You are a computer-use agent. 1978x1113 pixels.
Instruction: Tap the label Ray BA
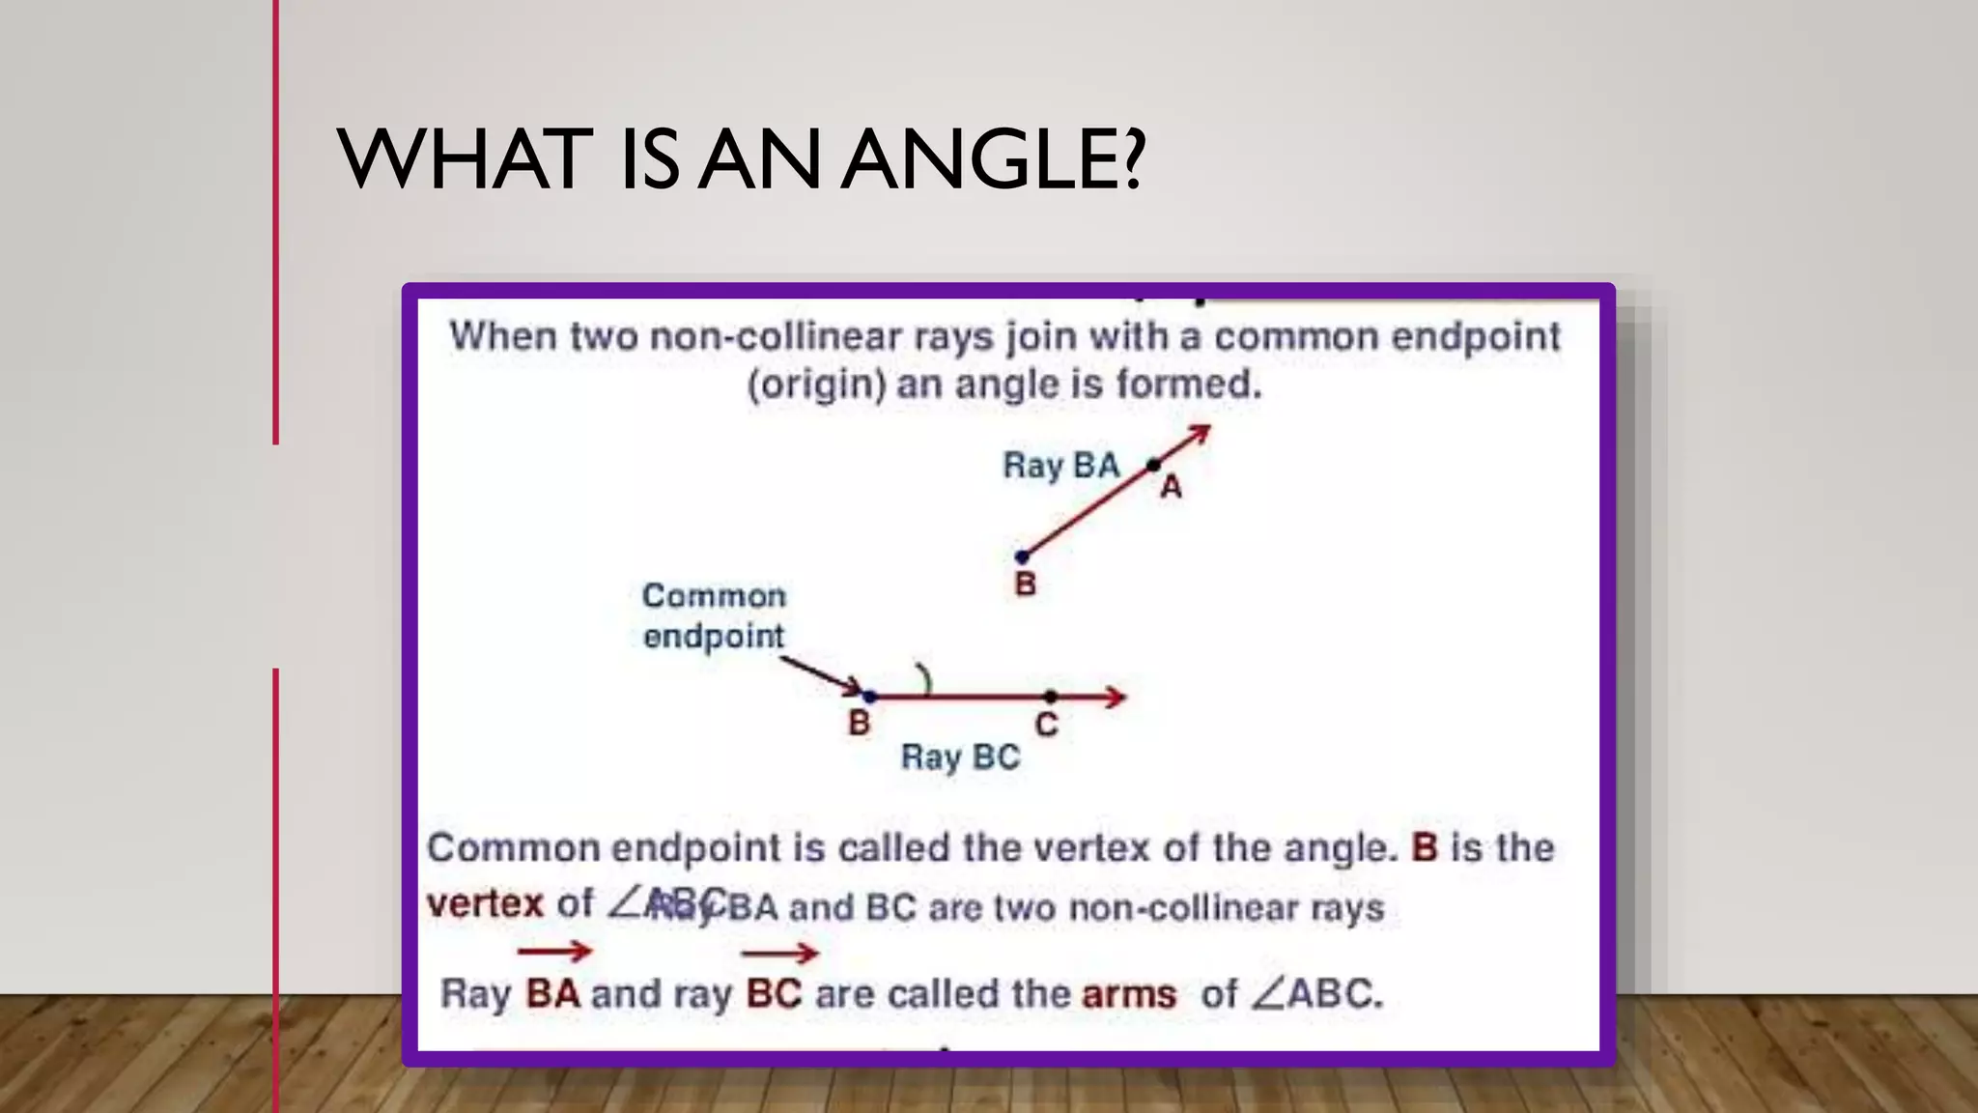[1060, 466]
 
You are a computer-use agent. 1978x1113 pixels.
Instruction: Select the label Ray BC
[960, 756]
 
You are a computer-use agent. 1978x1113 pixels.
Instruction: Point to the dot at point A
[1153, 466]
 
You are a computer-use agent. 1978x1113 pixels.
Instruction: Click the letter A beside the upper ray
[1171, 488]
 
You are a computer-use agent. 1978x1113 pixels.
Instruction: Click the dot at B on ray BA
[1022, 557]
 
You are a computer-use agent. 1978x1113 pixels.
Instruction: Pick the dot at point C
[1050, 696]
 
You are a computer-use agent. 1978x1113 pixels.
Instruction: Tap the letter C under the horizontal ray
[1046, 725]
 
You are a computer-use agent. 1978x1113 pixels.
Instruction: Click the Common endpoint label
[714, 615]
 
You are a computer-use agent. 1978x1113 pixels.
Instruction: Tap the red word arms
[1129, 994]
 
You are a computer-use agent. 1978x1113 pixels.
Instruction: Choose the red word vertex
[485, 904]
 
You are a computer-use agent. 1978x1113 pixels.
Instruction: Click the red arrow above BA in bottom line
[554, 952]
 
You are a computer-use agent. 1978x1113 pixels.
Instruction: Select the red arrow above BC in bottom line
[779, 954]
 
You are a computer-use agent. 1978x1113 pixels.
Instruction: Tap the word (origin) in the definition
[817, 385]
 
